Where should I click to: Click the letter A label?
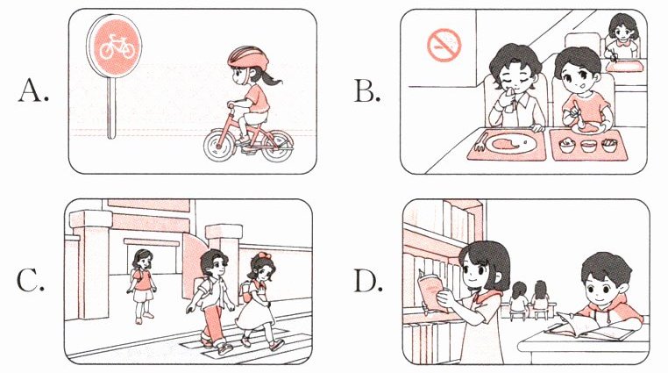[x=33, y=91]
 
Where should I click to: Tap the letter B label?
[x=366, y=91]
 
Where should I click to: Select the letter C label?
[x=30, y=282]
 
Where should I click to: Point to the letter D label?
[x=368, y=282]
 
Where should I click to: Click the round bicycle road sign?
[x=114, y=45]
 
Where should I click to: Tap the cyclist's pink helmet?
[x=248, y=57]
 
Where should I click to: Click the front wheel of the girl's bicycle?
[x=219, y=146]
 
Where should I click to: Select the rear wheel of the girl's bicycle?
[x=278, y=147]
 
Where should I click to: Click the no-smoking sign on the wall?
[x=444, y=45]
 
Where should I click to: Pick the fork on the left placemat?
[x=480, y=142]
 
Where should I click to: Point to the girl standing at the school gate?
[x=141, y=285]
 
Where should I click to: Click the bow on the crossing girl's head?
[x=260, y=257]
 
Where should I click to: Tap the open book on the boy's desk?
[x=590, y=327]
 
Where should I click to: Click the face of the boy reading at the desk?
[x=601, y=291]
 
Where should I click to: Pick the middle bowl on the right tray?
[x=588, y=146]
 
